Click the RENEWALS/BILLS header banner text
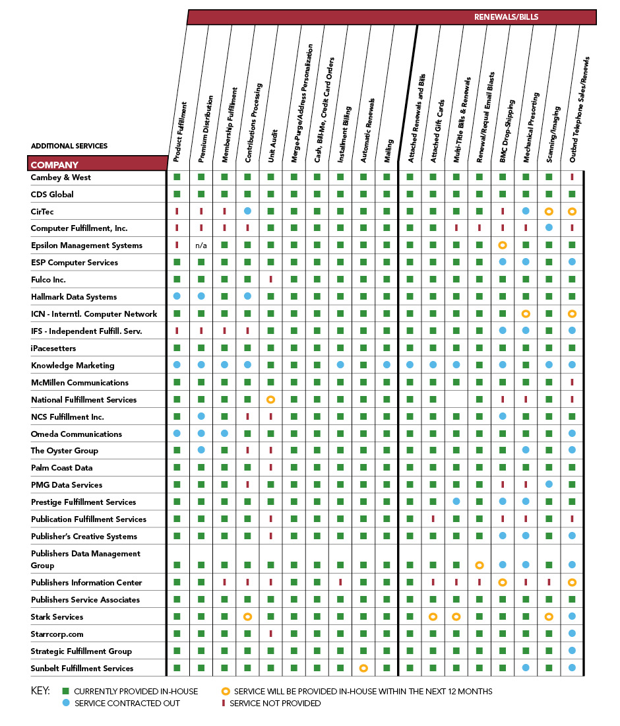pyautogui.click(x=506, y=17)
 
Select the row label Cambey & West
pyautogui.click(x=61, y=178)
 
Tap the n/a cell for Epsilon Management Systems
pyautogui.click(x=201, y=246)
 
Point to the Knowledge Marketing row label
pyautogui.click(x=73, y=366)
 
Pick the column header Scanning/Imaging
pyautogui.click(x=553, y=132)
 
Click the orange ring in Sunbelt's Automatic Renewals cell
pyautogui.click(x=363, y=668)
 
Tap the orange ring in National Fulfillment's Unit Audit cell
pyautogui.click(x=270, y=400)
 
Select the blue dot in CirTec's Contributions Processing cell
pyautogui.click(x=247, y=211)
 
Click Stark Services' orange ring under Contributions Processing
pyautogui.click(x=247, y=617)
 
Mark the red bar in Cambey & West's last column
pyautogui.click(x=572, y=177)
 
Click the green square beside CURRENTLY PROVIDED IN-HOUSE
pyautogui.click(x=65, y=691)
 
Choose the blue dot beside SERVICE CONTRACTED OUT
pyautogui.click(x=65, y=703)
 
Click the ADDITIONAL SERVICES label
pyautogui.click(x=69, y=146)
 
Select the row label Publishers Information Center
pyautogui.click(x=86, y=583)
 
